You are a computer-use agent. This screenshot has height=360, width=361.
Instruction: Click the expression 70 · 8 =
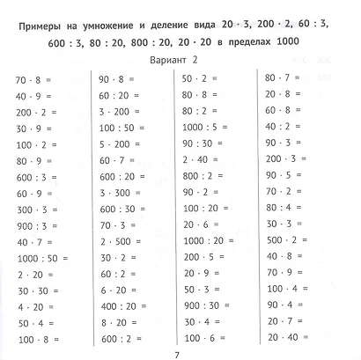tap(34, 79)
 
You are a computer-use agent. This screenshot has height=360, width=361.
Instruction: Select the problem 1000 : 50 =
tap(39, 258)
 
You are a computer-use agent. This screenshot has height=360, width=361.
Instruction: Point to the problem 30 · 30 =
tap(36, 290)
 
